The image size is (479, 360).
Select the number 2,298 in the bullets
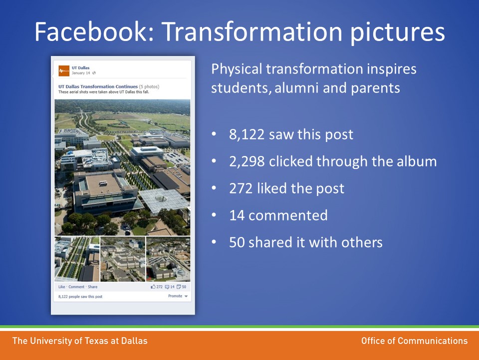click(x=247, y=161)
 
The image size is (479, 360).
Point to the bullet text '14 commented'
click(x=278, y=215)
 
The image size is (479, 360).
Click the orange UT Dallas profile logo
click(x=64, y=70)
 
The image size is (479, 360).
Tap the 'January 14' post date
click(x=81, y=73)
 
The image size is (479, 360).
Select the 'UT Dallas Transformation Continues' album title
click(x=98, y=86)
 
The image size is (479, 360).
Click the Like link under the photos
click(x=62, y=287)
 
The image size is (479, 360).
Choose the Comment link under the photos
click(x=76, y=287)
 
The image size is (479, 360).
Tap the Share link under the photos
click(x=93, y=287)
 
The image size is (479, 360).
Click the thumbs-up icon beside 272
click(x=153, y=287)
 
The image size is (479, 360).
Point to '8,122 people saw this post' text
click(x=80, y=296)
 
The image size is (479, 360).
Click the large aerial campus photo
click(x=122, y=167)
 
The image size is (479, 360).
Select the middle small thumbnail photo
click(x=123, y=259)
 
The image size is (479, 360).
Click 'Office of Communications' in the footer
click(x=414, y=340)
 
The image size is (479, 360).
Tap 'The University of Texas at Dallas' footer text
click(x=80, y=340)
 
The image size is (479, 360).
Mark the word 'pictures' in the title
click(x=398, y=33)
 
